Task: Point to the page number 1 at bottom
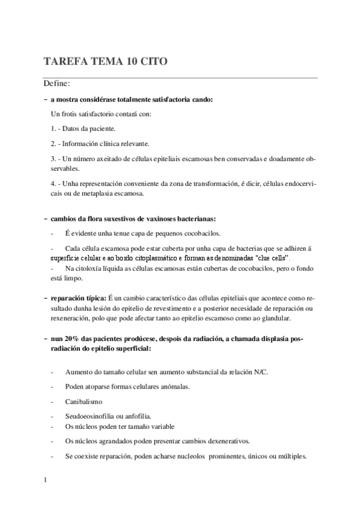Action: pos(46,481)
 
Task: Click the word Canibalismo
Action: pos(84,401)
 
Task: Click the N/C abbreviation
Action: pos(260,371)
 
